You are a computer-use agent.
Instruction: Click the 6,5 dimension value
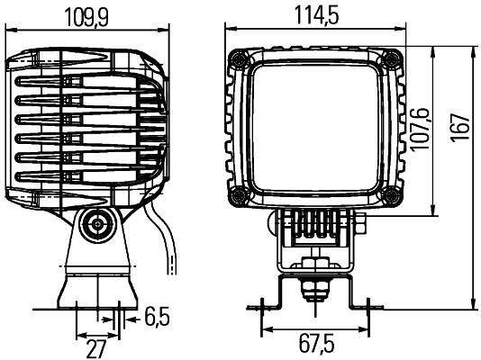157,316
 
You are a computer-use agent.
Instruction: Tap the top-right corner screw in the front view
392,59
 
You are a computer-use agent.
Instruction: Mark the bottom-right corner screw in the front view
392,196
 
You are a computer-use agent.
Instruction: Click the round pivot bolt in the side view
95,226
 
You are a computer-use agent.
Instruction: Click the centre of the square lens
314,128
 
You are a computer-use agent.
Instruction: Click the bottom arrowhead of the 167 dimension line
471,304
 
